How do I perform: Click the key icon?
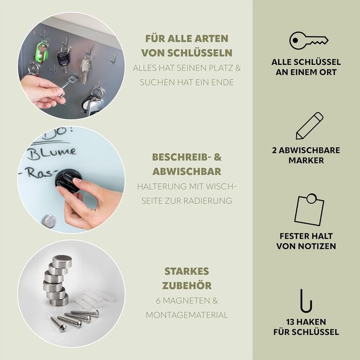(x=308, y=41)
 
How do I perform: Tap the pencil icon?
(x=309, y=126)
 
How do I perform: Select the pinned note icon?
(x=309, y=210)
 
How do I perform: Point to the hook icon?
(x=307, y=301)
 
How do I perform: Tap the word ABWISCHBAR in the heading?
(x=187, y=171)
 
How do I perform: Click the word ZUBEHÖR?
(x=187, y=285)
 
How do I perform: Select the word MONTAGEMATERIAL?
(x=187, y=315)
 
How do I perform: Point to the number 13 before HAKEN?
(x=291, y=322)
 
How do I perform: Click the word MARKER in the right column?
(x=306, y=160)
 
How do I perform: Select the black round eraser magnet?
(x=67, y=181)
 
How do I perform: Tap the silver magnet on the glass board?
(x=49, y=221)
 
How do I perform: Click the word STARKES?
(x=187, y=272)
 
